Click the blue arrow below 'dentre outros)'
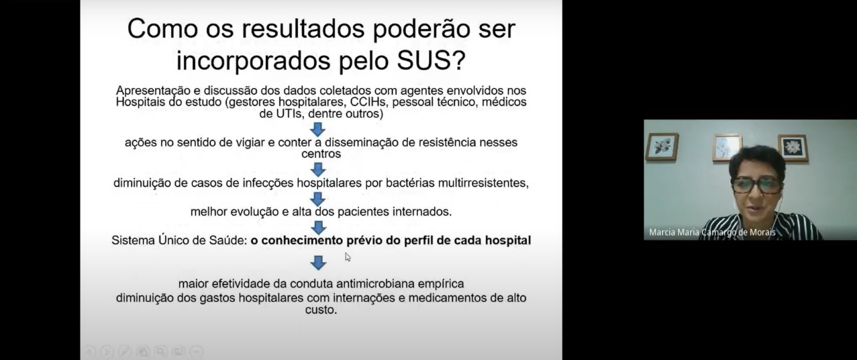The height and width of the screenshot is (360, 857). click(x=318, y=130)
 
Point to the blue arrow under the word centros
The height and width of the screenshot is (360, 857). click(x=318, y=170)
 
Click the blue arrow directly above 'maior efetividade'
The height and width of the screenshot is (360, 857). click(x=318, y=263)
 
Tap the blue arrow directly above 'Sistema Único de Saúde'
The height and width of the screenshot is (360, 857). click(x=318, y=227)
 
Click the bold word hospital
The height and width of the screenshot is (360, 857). click(x=508, y=241)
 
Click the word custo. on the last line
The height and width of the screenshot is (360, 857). click(x=321, y=310)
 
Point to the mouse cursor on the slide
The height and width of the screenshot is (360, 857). click(x=347, y=257)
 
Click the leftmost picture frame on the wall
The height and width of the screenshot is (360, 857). click(x=662, y=147)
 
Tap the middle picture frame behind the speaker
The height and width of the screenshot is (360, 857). click(x=727, y=147)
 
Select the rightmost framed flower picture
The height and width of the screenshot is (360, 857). click(x=793, y=148)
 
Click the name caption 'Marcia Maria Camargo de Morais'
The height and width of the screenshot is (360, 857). click(x=712, y=232)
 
